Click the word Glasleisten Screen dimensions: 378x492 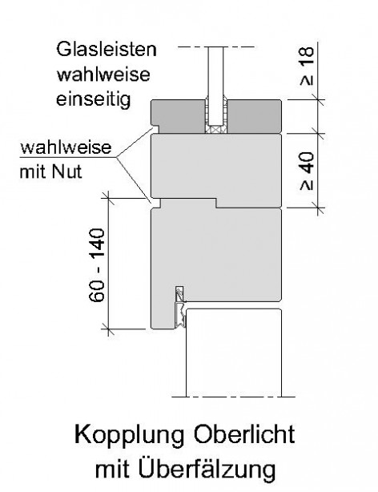[x=107, y=50]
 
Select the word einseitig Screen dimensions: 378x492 [x=93, y=99]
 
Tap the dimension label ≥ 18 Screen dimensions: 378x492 [x=307, y=67]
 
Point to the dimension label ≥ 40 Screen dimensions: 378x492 [x=307, y=171]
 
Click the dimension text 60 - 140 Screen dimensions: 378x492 [x=97, y=265]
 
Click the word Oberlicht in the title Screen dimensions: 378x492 [x=244, y=434]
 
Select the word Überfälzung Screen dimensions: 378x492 [x=207, y=469]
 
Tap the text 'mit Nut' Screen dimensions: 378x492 [x=50, y=171]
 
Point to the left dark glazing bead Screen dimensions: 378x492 [x=178, y=117]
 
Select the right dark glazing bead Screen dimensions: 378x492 [x=254, y=117]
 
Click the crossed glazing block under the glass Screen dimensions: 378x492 [x=215, y=129]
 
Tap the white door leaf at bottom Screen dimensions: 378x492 [x=234, y=353]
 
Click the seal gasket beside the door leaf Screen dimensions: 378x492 [x=180, y=315]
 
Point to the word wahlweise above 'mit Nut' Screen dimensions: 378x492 [x=66, y=147]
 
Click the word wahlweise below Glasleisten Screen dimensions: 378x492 [x=103, y=75]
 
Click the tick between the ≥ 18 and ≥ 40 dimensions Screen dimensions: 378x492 [x=319, y=133]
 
